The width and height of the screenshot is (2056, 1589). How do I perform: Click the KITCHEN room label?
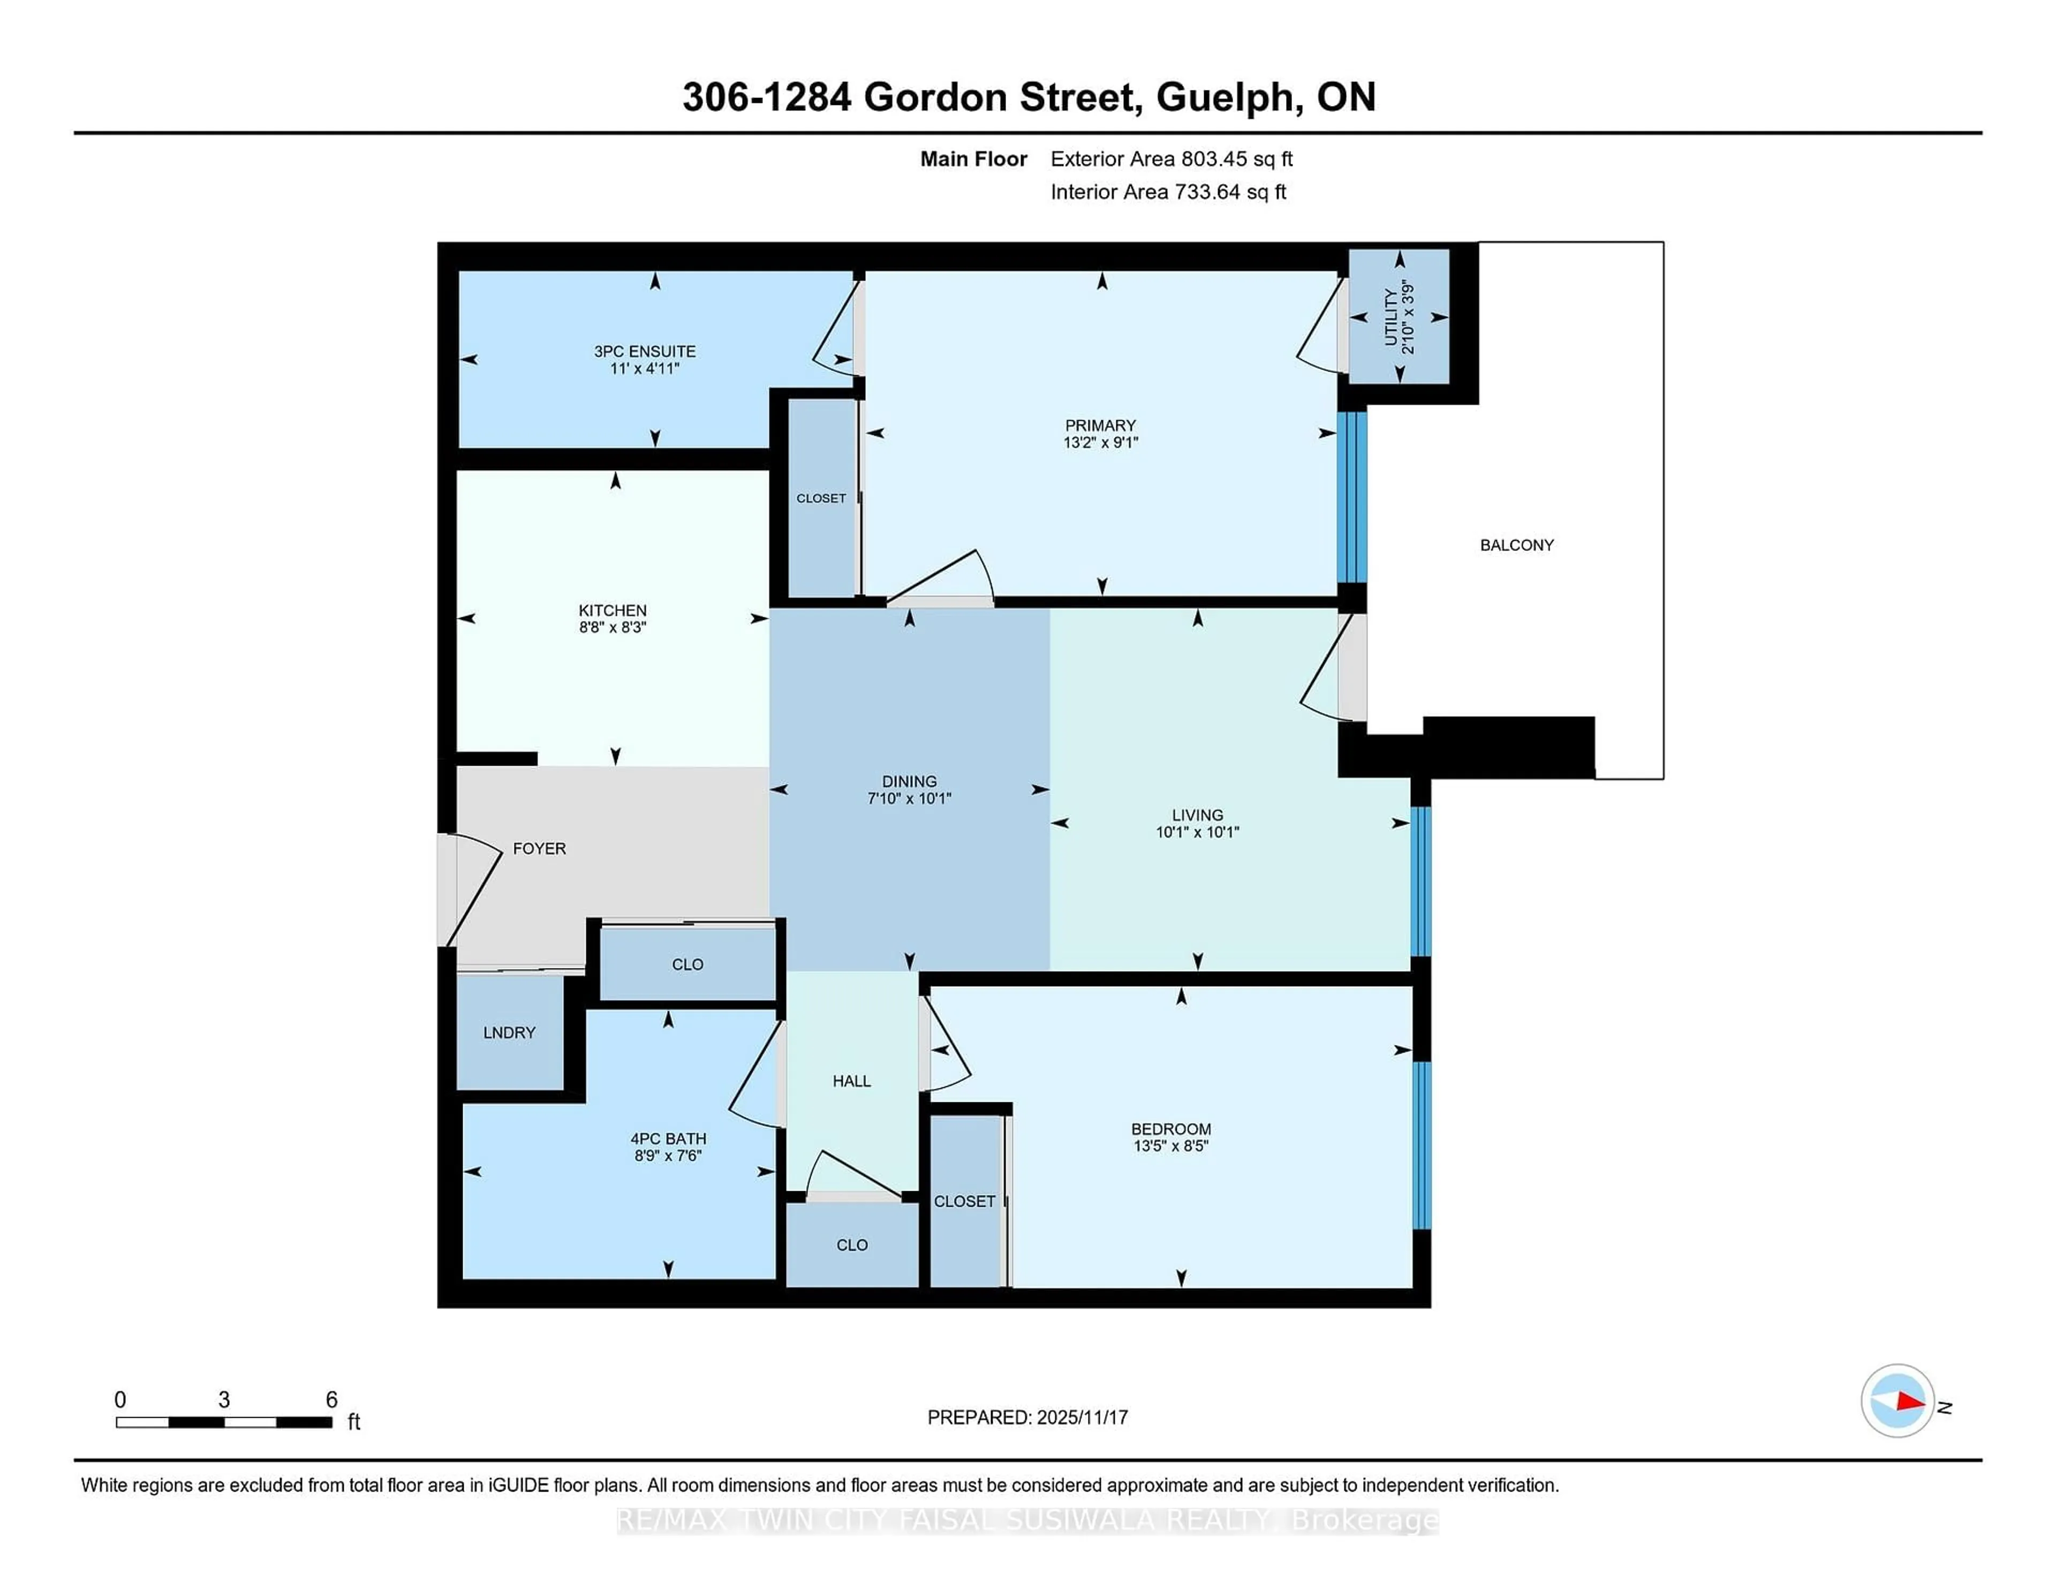pos(613,610)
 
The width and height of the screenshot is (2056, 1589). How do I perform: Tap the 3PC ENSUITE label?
pos(645,351)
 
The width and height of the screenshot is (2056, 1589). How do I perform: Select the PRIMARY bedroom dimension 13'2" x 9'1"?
pos(1100,442)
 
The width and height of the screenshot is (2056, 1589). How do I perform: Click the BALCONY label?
pos(1517,545)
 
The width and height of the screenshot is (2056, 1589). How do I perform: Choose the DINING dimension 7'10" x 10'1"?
pos(909,798)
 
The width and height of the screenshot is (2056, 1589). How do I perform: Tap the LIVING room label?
pos(1197,815)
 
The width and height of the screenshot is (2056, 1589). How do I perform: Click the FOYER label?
pos(539,848)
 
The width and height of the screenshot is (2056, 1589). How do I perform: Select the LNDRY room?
pos(509,1033)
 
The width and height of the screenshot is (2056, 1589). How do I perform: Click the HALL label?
pos(852,1081)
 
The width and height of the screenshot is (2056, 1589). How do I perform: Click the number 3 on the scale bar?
pos(224,1400)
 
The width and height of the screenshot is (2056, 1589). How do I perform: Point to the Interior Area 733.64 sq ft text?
pos(1168,192)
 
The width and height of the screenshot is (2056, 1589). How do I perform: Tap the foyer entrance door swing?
pos(473,890)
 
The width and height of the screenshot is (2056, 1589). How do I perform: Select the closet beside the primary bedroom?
pos(821,498)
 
